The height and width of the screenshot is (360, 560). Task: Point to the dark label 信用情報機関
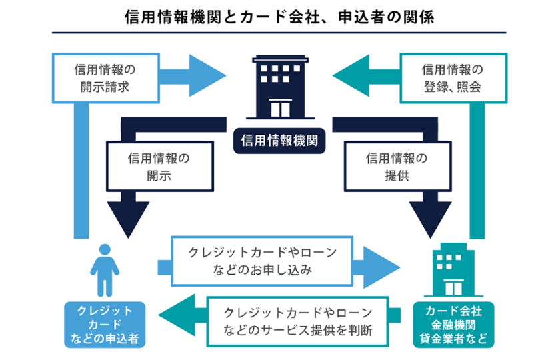pyautogui.click(x=279, y=141)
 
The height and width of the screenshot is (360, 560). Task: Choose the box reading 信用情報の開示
pyautogui.click(x=159, y=167)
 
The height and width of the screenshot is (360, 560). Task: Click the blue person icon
pyautogui.click(x=104, y=269)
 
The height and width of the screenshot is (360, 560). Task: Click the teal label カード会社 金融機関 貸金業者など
pyautogui.click(x=457, y=325)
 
